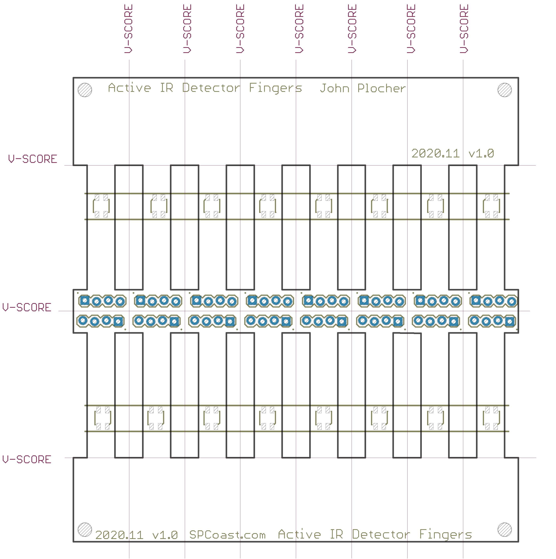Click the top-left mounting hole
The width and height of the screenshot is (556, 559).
pos(85,90)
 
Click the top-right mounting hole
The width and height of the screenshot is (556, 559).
pos(505,90)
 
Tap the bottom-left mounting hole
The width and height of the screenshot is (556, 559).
pos(85,530)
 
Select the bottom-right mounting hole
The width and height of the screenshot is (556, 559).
pos(505,530)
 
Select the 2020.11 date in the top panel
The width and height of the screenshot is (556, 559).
pos(435,153)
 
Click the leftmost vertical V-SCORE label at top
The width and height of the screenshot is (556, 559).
pos(128,29)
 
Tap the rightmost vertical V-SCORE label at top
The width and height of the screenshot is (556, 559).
pos(464,29)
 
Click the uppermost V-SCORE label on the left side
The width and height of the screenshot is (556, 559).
pos(33,159)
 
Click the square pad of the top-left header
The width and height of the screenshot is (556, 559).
pos(85,301)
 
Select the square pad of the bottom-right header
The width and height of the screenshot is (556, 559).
pos(510,322)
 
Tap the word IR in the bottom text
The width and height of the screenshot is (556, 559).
pos(336,534)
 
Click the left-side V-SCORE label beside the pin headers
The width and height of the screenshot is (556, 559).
pos(27,307)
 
